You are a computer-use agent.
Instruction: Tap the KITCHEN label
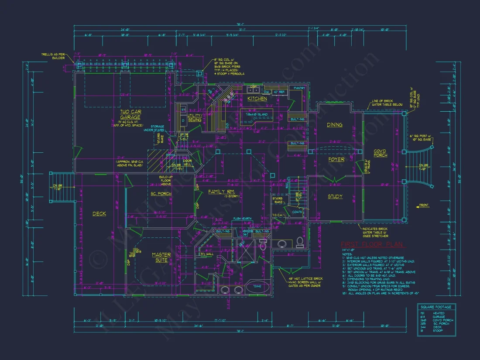pos(257,99)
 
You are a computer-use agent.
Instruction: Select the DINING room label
pos(335,125)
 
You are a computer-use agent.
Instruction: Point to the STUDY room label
pos(335,196)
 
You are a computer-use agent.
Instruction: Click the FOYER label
pos(336,159)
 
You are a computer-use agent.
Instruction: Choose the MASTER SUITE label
pos(161,257)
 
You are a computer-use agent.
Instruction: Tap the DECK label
pos(99,213)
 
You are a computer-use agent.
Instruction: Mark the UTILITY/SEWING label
pos(195,117)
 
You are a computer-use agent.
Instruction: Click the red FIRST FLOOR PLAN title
pos(372,244)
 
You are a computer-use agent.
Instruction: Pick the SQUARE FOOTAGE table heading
pos(436,307)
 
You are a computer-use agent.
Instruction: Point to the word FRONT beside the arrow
pos(424,205)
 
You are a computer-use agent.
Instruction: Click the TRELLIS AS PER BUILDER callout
pos(52,56)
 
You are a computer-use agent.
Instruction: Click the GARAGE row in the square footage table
pos(439,317)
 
